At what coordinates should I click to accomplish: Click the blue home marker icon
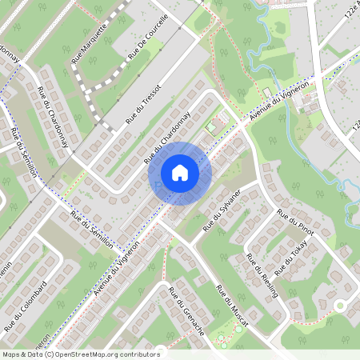point(180,173)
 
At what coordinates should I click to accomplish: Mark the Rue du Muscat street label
point(233,306)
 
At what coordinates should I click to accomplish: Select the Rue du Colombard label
point(26,305)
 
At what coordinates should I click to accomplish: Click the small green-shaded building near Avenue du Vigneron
point(212,126)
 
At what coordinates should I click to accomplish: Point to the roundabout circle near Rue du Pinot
point(339,306)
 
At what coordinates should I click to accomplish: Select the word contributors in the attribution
point(141,354)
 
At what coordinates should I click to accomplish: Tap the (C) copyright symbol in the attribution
point(49,354)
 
